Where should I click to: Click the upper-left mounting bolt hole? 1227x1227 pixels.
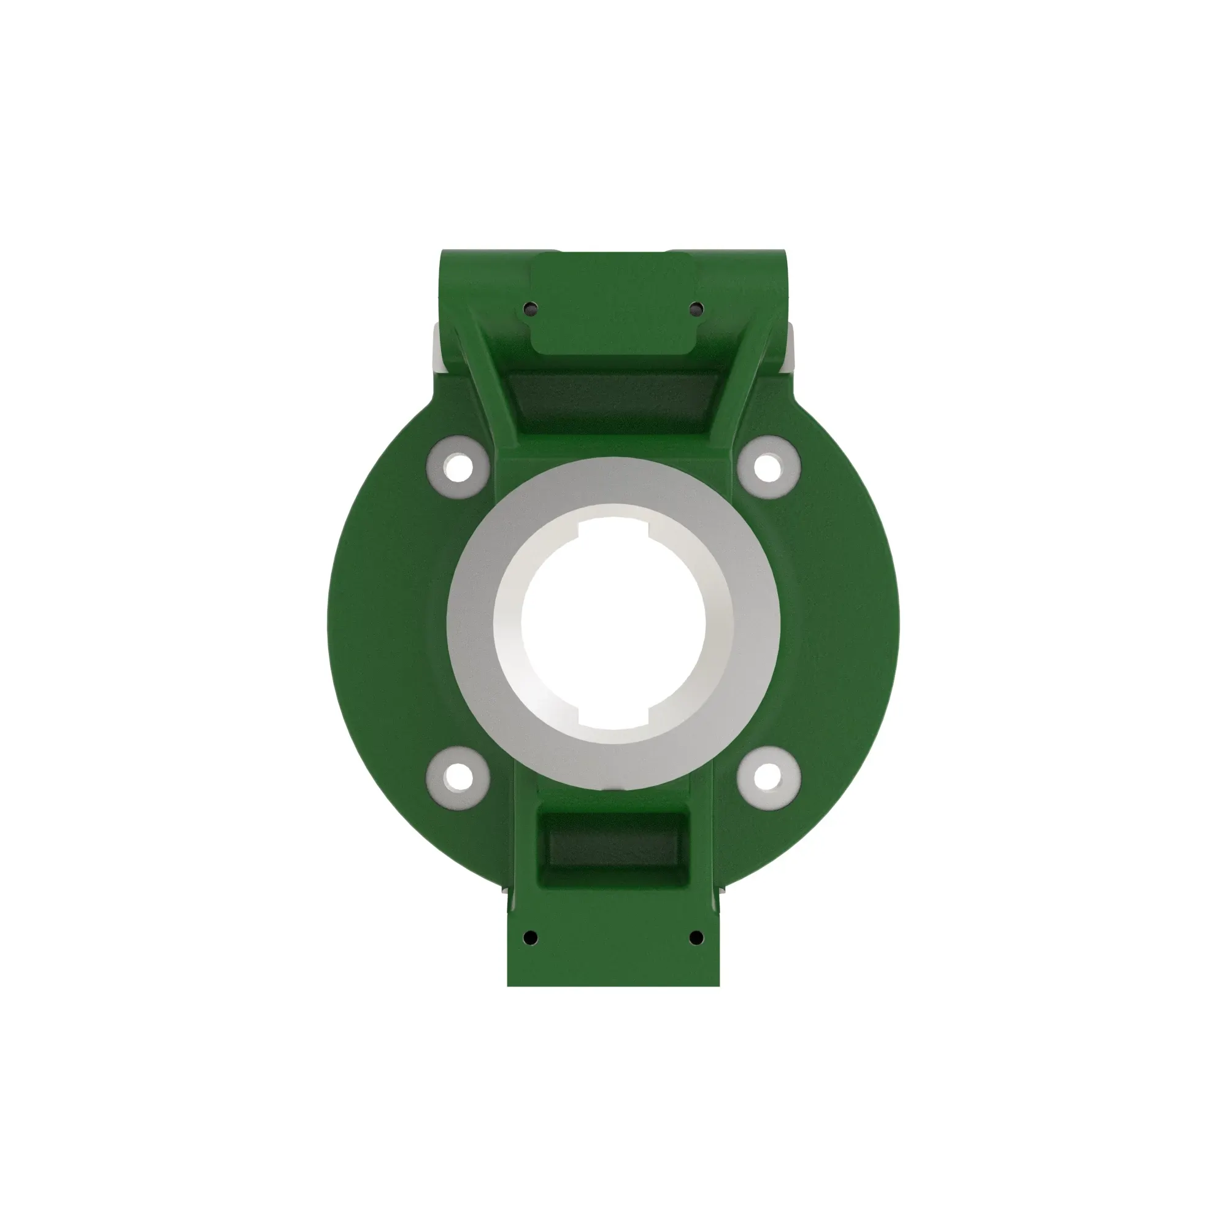click(x=456, y=467)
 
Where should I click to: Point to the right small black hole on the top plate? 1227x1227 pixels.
click(x=696, y=309)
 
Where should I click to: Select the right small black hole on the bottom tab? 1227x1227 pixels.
click(x=696, y=937)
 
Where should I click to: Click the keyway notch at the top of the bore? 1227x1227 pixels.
click(x=613, y=526)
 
